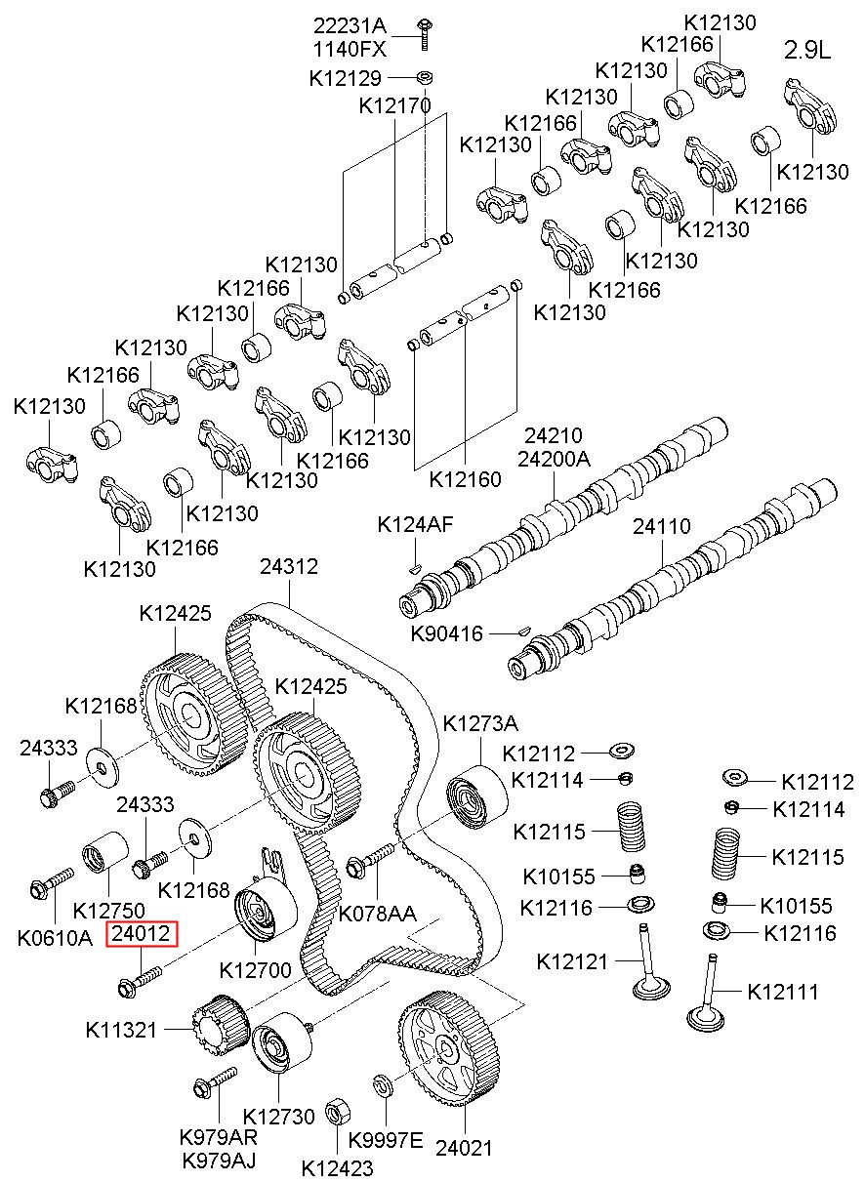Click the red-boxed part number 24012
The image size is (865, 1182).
[143, 934]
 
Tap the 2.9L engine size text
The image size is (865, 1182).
[808, 51]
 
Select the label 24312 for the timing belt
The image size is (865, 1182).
[288, 566]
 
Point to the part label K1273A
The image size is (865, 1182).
[480, 723]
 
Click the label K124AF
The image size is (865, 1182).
[415, 525]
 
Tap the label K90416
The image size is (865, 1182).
[445, 634]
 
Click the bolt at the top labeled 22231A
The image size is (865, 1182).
[427, 34]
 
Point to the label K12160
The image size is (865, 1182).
[465, 479]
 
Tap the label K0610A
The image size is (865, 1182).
[55, 938]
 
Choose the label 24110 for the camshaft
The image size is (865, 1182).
[661, 527]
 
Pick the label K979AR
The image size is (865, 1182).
[218, 1137]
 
